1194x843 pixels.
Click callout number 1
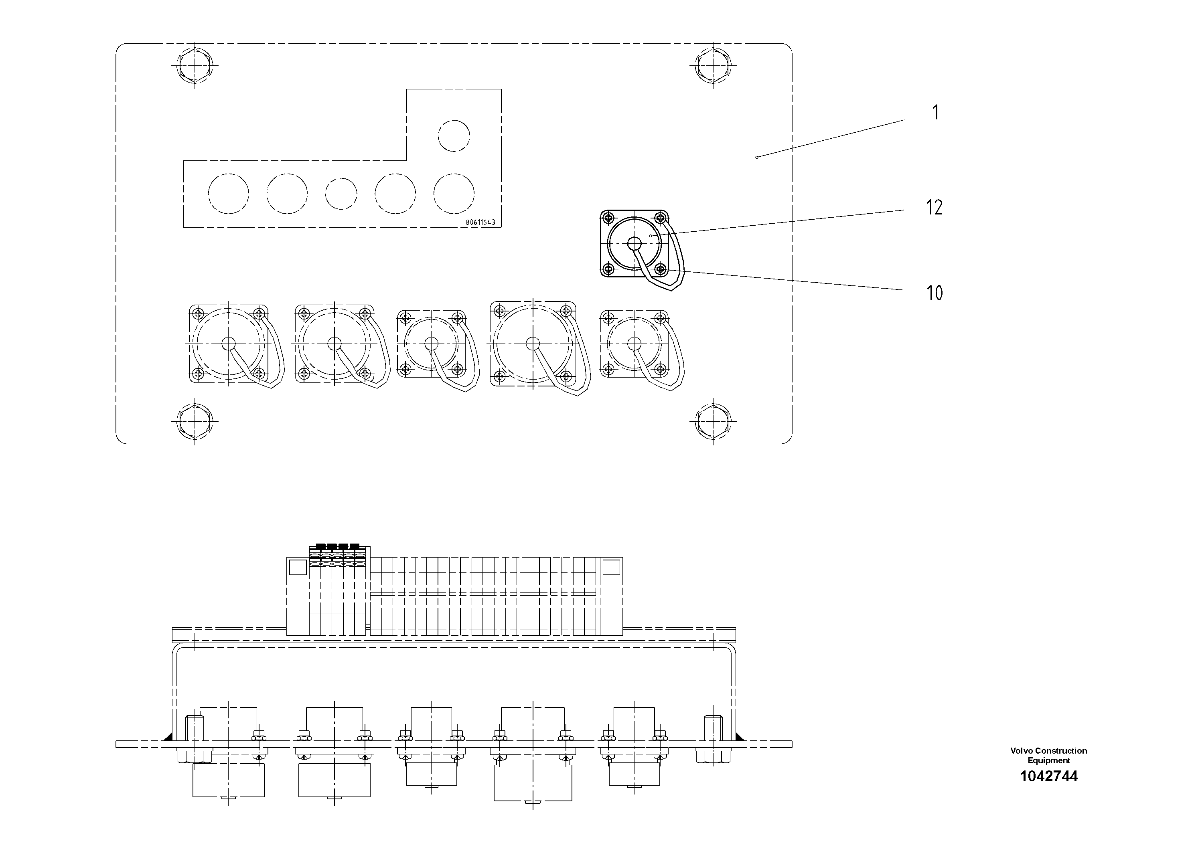click(936, 113)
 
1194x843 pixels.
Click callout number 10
click(934, 293)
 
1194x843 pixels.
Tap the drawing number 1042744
click(1048, 776)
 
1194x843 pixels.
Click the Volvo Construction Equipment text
click(1048, 755)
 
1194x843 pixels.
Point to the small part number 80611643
click(480, 222)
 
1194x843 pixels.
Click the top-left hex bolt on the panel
click(195, 65)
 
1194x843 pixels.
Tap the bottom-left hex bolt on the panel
click(195, 420)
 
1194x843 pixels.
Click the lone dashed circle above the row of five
click(454, 135)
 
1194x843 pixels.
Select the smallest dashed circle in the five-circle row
click(341, 193)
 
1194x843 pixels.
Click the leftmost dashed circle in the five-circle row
click(228, 193)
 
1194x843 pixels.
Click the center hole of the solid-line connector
click(635, 243)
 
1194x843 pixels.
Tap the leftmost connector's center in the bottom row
click(228, 344)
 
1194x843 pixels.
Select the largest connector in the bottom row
click(533, 344)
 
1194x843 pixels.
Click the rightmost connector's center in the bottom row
click(635, 344)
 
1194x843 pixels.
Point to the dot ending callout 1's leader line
click(757, 157)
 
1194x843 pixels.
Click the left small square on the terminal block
click(298, 567)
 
